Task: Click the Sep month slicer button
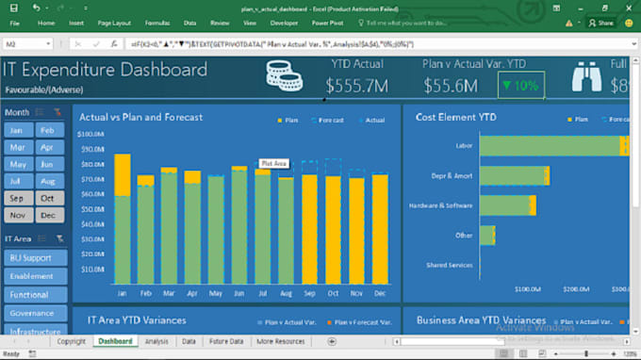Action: tap(19, 198)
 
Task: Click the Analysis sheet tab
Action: tap(156, 341)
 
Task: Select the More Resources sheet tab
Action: tap(280, 341)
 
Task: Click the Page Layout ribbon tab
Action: tap(115, 21)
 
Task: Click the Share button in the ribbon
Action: tap(601, 22)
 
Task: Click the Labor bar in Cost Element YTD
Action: tap(551, 145)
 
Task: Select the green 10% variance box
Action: tap(520, 86)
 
